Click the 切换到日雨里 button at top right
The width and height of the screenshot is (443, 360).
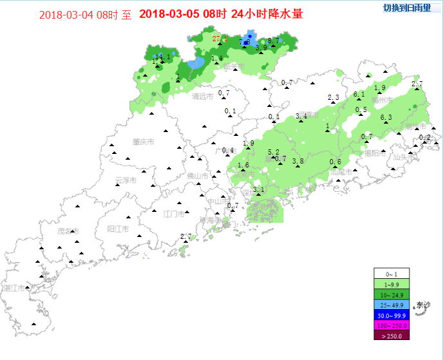pyautogui.click(x=407, y=8)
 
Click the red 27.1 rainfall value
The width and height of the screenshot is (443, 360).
pyautogui.click(x=220, y=39)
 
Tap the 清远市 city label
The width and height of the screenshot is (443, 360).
pyautogui.click(x=203, y=97)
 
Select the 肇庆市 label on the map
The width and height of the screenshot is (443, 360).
pyautogui.click(x=143, y=142)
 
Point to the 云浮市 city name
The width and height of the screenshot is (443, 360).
pyautogui.click(x=126, y=180)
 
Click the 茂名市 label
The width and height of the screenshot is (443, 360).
pyautogui.click(x=67, y=231)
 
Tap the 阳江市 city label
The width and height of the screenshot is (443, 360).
pyautogui.click(x=118, y=229)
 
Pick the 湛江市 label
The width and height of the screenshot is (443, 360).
pyautogui.click(x=15, y=288)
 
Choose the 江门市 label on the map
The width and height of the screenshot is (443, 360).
pyautogui.click(x=174, y=213)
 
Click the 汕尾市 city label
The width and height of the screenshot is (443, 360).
pyautogui.click(x=340, y=172)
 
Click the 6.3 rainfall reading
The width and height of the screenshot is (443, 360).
pyautogui.click(x=386, y=117)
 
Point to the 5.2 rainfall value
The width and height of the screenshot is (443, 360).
pyautogui.click(x=273, y=152)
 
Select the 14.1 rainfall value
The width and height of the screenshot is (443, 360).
pyautogui.click(x=162, y=57)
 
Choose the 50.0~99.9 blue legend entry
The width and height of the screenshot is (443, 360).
pyautogui.click(x=392, y=316)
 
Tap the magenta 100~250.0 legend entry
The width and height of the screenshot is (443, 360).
pyautogui.click(x=392, y=325)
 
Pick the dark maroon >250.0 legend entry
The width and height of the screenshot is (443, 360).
pyautogui.click(x=392, y=335)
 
